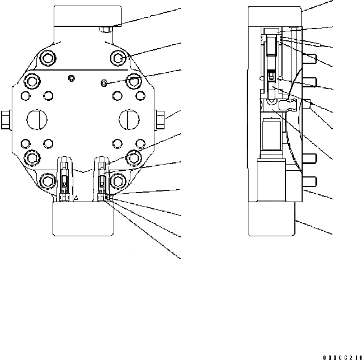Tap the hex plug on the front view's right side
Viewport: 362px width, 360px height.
click(x=159, y=118)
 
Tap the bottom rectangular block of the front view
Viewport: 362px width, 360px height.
click(x=84, y=218)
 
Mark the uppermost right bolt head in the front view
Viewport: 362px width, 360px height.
click(x=119, y=58)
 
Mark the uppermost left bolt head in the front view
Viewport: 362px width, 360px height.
click(x=48, y=58)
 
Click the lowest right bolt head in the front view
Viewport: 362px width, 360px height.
click(x=119, y=180)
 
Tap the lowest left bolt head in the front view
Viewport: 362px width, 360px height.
click(x=48, y=180)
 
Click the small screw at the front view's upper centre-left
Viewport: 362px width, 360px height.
click(x=70, y=77)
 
